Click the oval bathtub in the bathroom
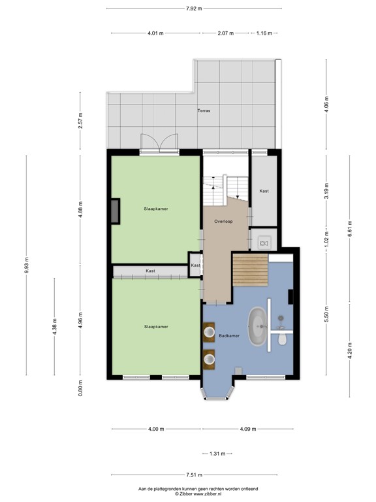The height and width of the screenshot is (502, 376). pos(257,324)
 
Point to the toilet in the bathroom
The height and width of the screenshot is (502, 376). pos(282,339)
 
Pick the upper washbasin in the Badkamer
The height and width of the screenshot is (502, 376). pos(210,333)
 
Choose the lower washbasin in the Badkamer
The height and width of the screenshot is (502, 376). pos(210,358)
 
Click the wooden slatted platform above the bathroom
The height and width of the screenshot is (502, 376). pos(250,269)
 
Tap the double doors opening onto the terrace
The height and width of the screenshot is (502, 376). pos(159,142)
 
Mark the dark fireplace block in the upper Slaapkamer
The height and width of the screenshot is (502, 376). pos(115,212)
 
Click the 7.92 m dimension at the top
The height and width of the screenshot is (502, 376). pos(194,8)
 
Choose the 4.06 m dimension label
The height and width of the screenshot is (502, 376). pos(326,105)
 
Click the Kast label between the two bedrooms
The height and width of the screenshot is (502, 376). pos(150,271)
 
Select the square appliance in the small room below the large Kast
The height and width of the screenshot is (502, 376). pos(264,243)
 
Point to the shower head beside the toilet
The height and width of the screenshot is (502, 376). pos(281,319)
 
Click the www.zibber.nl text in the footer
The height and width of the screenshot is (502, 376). pos(211,494)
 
